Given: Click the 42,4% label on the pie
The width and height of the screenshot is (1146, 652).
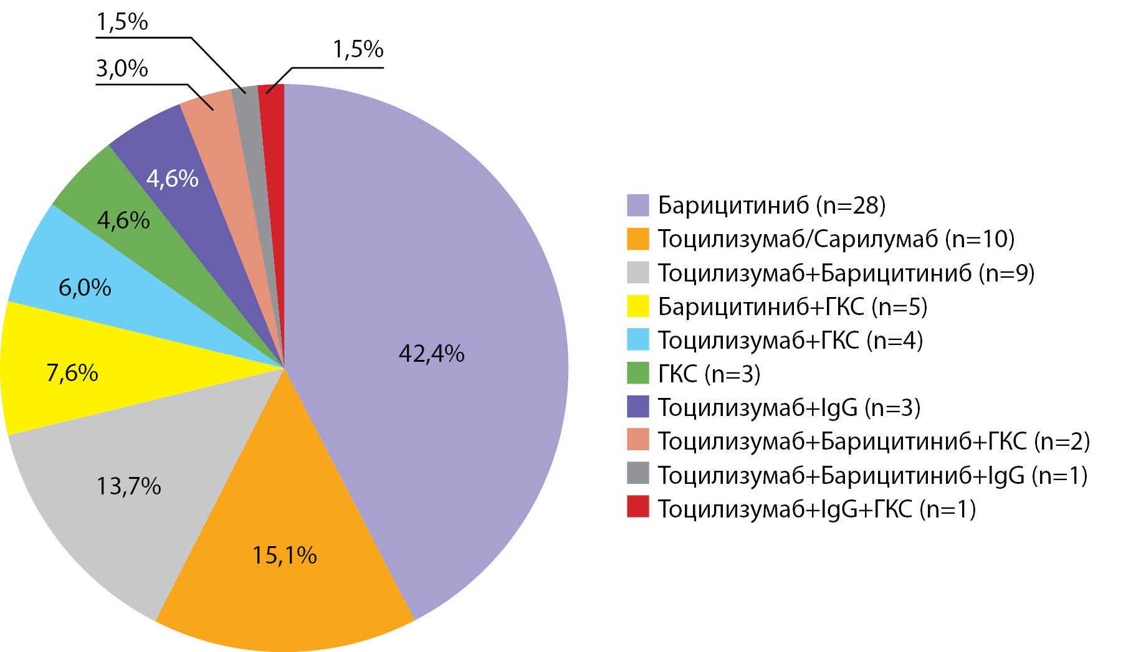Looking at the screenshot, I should coord(431,354).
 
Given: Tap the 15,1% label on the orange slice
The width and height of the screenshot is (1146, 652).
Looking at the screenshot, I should coord(284,555).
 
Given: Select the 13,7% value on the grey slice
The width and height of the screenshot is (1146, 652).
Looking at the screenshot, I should coord(128,486).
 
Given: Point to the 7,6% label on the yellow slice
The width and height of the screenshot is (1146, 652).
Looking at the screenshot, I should coord(72,373).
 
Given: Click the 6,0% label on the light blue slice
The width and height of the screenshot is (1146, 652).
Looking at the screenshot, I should coord(85,288).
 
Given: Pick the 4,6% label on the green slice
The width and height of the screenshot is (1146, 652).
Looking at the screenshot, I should coord(123,220).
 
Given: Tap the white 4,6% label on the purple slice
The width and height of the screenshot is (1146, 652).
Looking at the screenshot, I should coord(172,179).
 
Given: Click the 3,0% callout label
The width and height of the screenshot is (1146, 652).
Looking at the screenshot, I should coord(122,69).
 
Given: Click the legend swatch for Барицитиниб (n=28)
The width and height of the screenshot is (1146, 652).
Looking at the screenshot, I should coord(637,205).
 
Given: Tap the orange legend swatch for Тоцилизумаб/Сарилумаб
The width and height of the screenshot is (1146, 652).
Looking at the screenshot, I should coord(637,239).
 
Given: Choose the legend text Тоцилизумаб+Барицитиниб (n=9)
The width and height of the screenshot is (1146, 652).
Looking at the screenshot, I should coord(846,273).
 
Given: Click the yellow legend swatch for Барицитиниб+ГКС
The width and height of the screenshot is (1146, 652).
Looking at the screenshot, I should coord(637,306).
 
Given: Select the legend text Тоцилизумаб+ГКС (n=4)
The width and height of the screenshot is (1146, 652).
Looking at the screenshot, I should coord(790,340).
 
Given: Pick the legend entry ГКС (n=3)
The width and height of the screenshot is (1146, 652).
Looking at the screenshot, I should coord(709,374).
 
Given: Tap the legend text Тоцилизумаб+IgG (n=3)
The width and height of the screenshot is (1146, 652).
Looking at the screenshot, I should coord(789,407).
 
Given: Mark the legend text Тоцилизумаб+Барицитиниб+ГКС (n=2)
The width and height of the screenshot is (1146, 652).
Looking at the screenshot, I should coord(874,441).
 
